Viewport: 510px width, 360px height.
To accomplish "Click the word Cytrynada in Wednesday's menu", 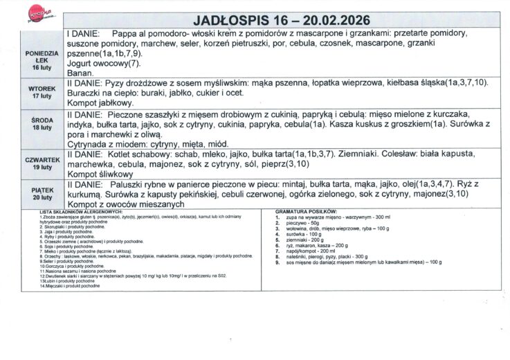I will point(89,143).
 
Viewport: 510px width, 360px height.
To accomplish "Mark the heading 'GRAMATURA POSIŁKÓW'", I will point(306,210).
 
